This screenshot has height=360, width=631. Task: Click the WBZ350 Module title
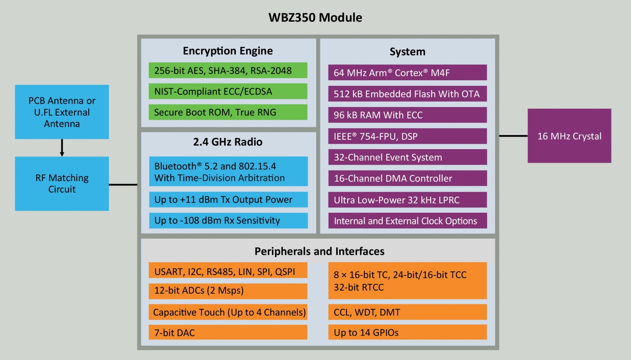click(315, 18)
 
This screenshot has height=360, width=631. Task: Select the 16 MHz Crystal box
click(569, 136)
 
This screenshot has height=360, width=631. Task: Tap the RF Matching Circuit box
click(62, 183)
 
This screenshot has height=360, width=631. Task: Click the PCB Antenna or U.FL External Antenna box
click(62, 112)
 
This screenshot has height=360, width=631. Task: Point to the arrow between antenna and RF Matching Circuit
click(62, 148)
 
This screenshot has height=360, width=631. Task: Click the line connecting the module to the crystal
click(513, 136)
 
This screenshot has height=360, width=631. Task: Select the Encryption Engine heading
click(228, 51)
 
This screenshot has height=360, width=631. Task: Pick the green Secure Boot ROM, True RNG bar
click(228, 112)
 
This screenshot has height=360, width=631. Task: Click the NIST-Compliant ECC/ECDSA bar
click(228, 91)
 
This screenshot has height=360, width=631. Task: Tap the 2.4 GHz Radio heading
click(228, 142)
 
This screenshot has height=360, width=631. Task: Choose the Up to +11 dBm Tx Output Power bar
click(228, 199)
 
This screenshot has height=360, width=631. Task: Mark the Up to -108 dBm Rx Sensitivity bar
click(228, 220)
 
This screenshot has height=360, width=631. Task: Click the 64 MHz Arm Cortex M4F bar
click(407, 73)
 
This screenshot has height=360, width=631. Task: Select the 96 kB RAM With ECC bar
click(407, 115)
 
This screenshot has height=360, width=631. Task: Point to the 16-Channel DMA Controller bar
click(407, 178)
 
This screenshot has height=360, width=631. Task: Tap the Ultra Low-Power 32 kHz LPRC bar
click(407, 200)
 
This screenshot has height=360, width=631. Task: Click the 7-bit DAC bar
click(228, 332)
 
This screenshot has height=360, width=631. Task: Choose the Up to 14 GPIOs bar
click(407, 332)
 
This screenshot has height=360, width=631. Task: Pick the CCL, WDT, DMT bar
click(407, 312)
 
